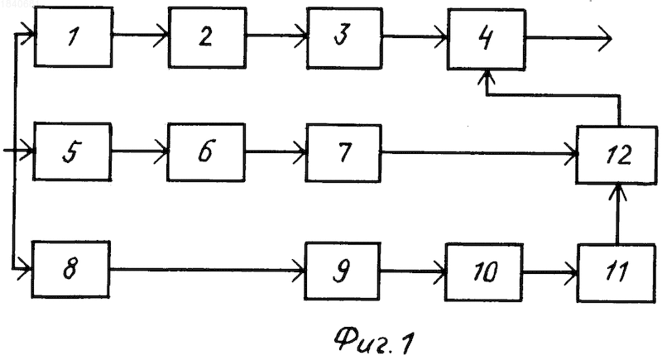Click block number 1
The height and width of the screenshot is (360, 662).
click(x=73, y=36)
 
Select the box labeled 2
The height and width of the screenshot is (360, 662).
click(x=208, y=37)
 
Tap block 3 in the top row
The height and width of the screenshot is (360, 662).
click(x=345, y=37)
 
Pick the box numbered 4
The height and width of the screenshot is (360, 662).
click(x=487, y=39)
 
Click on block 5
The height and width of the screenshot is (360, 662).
click(x=72, y=151)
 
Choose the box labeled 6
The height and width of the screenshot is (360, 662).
click(x=206, y=152)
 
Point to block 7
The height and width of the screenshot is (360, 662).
click(x=343, y=153)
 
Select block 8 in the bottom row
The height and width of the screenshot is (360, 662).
click(x=71, y=269)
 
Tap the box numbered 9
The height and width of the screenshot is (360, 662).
click(x=343, y=271)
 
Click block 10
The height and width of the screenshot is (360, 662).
click(x=484, y=272)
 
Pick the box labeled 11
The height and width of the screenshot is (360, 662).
click(x=616, y=273)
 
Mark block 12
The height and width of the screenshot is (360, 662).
click(x=617, y=155)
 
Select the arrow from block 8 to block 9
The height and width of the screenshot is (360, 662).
click(x=208, y=269)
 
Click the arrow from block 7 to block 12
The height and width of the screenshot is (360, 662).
click(x=479, y=153)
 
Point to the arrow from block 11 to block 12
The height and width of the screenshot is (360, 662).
click(x=617, y=214)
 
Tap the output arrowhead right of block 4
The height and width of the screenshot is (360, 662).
click(x=606, y=38)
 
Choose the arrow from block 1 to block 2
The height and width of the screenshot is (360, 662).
click(x=141, y=36)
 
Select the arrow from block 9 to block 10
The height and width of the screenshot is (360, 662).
click(x=413, y=271)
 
